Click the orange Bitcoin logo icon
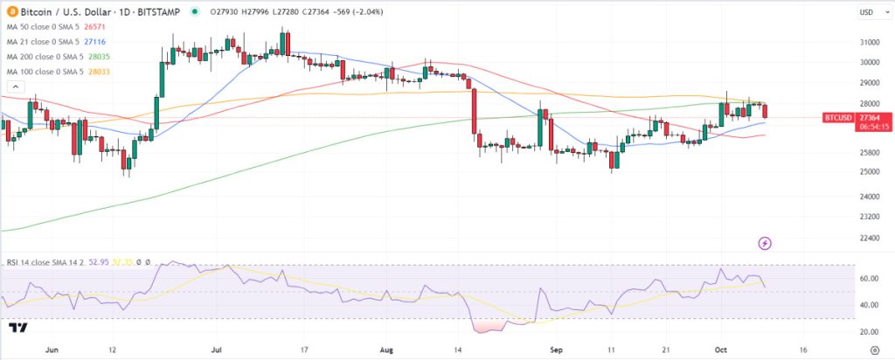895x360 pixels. coord(10,11)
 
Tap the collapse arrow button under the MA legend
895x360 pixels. coord(14,87)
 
